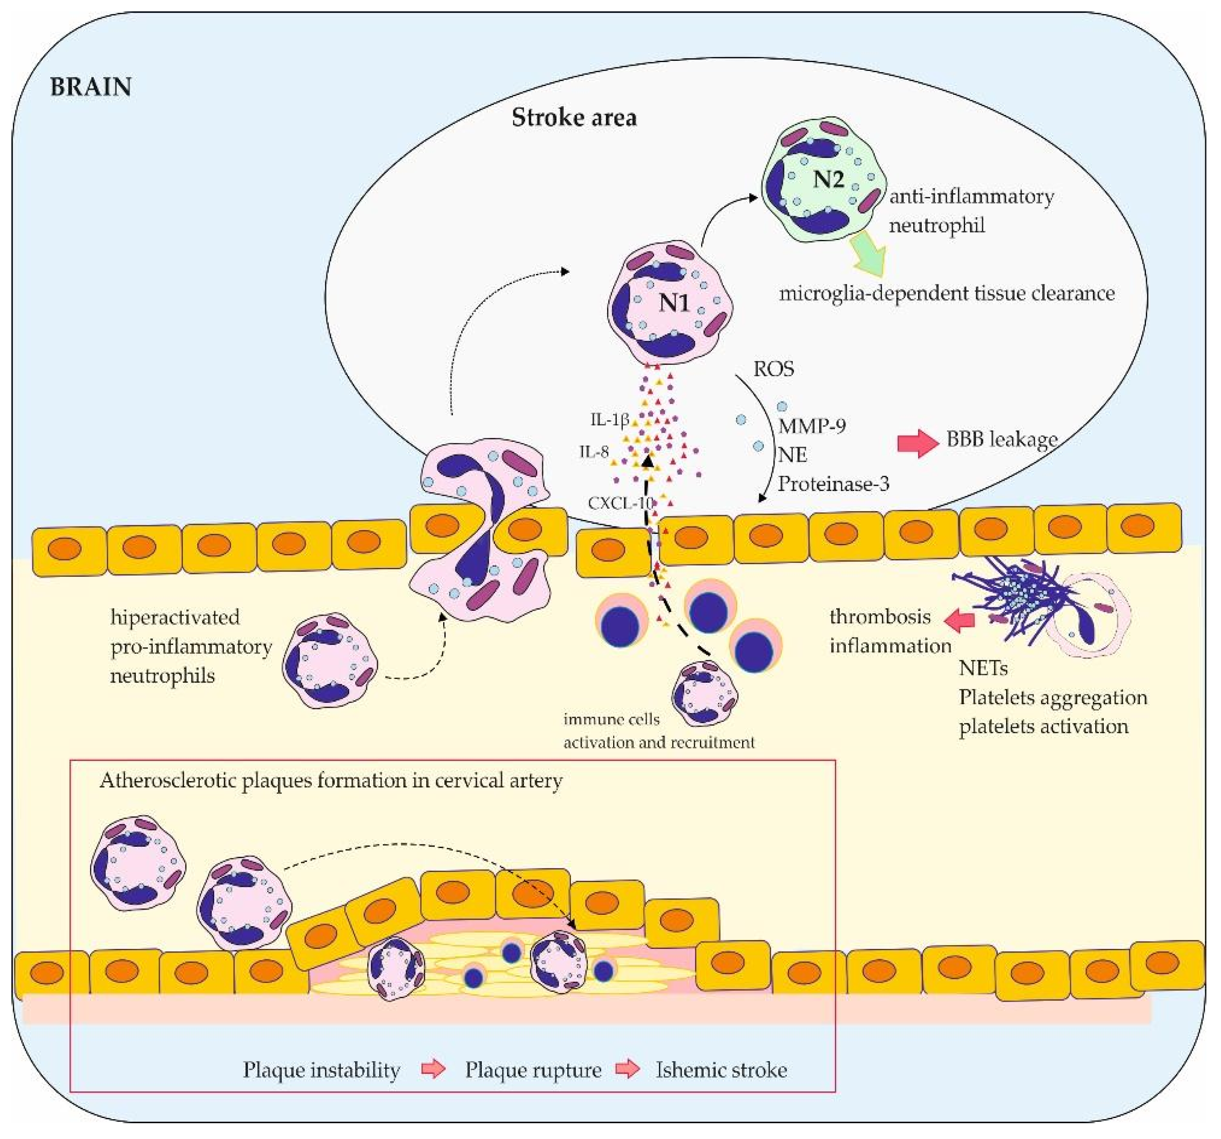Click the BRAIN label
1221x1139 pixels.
tap(90, 87)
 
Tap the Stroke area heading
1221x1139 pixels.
tap(574, 117)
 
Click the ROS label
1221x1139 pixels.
tap(773, 368)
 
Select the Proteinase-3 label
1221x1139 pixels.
tap(833, 484)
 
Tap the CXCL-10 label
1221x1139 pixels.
tap(619, 503)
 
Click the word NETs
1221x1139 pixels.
tap(983, 668)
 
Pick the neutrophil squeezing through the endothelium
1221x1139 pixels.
tap(481, 528)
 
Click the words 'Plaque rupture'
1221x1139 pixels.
tap(532, 1070)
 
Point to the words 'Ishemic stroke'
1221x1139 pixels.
tap(721, 1070)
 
